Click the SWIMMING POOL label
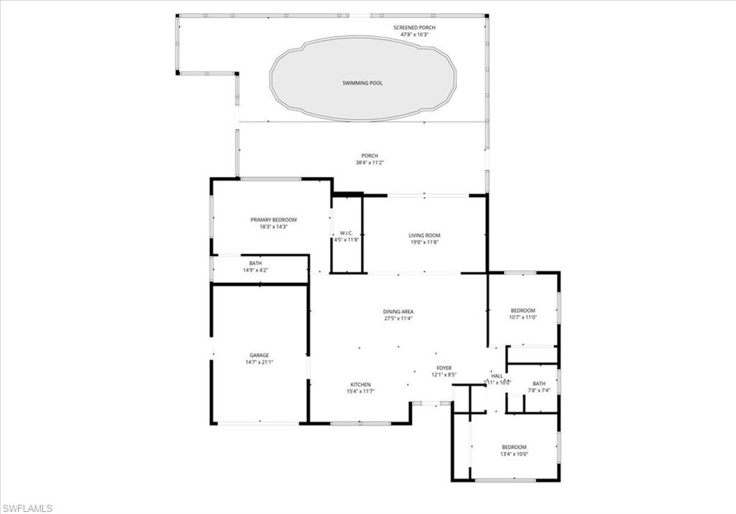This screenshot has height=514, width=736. click(x=362, y=83)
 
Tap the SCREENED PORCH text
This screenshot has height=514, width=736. click(x=414, y=27)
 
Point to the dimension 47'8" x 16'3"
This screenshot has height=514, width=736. click(x=414, y=35)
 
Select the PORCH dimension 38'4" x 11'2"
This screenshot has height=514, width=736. click(x=369, y=163)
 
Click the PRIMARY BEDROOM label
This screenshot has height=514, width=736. click(x=273, y=220)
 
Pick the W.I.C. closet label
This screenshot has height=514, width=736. click(x=346, y=233)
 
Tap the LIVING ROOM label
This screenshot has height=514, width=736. click(x=424, y=235)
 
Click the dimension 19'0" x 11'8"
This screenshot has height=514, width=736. click(x=424, y=243)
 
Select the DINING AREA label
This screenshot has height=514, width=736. click(x=397, y=311)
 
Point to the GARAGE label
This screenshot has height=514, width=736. click(x=259, y=355)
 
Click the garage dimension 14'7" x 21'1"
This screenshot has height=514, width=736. click(x=259, y=362)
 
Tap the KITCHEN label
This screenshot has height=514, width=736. click(x=360, y=384)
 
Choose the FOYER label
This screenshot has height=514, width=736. click(x=443, y=367)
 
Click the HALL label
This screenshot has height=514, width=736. click(x=497, y=376)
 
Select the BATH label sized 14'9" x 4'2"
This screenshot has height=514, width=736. click(x=256, y=263)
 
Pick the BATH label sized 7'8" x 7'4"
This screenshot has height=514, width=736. click(x=539, y=383)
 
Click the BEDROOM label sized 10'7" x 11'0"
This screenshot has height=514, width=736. click(x=523, y=310)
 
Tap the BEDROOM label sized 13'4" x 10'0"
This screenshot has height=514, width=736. click(x=514, y=446)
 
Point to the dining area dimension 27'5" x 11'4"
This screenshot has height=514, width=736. click(x=397, y=318)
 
